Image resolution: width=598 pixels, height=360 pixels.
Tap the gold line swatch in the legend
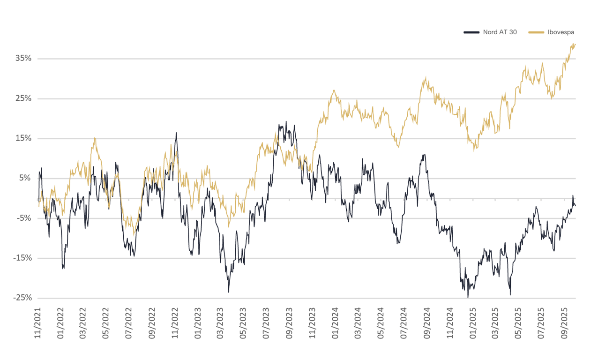536,32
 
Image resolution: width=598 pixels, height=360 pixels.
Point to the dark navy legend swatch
471,32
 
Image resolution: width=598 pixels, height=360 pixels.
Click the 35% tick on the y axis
23,58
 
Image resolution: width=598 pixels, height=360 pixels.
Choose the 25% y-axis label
23,98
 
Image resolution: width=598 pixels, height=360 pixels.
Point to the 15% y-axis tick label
23,138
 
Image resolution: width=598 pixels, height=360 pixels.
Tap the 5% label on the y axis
25,178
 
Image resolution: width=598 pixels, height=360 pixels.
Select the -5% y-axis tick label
24,217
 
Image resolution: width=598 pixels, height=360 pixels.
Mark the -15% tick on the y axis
23,257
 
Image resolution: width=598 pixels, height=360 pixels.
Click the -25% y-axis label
23,297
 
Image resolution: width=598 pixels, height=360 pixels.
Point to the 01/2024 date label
335,323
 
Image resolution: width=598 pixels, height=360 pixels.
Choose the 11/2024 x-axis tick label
450,323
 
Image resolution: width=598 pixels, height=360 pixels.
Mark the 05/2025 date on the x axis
518,323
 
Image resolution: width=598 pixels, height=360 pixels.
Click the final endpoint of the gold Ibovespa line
576,45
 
